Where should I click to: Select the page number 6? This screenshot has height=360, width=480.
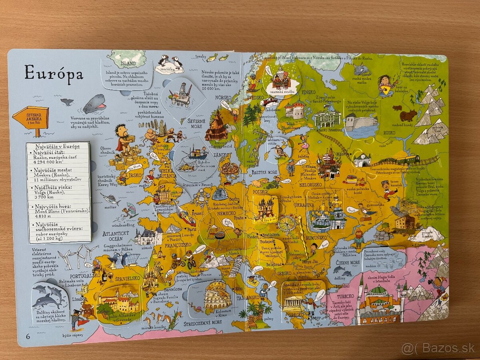28,335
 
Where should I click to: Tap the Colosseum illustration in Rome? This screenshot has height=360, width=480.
217,296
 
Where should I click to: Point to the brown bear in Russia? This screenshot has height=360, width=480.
408,116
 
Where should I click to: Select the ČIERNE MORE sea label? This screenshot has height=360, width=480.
348,262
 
